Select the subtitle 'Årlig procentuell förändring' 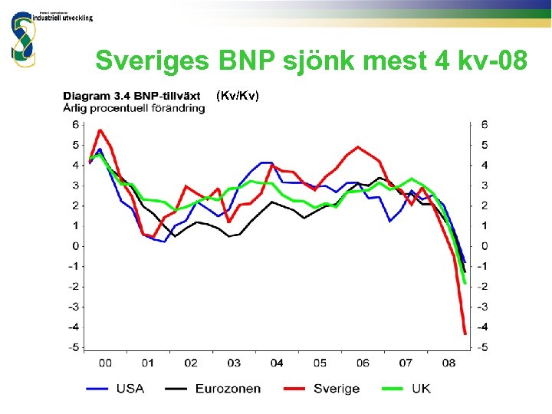pyautogui.click(x=133, y=108)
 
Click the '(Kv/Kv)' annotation pyautogui.click(x=238, y=95)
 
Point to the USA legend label pyautogui.click(x=130, y=389)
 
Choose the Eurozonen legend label pyautogui.click(x=228, y=389)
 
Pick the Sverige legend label pyautogui.click(x=336, y=389)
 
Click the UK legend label pyautogui.click(x=421, y=389)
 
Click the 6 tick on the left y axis pyautogui.click(x=75, y=124)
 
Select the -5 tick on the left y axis pyautogui.click(x=74, y=347)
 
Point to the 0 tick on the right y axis pyautogui.click(x=484, y=246)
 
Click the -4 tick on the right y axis pyautogui.click(x=482, y=327)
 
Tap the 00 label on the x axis pyautogui.click(x=105, y=363)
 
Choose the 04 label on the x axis pyautogui.click(x=277, y=363)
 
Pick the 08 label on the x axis pyautogui.click(x=449, y=363)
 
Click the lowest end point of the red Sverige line pyautogui.click(x=465, y=333)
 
